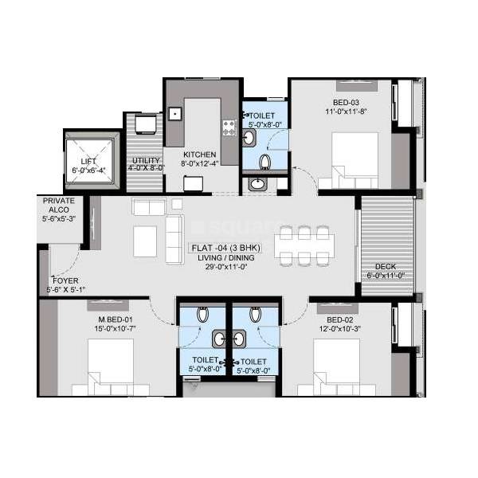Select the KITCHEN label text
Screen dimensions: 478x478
[x=195, y=155]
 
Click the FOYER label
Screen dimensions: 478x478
[x=65, y=280]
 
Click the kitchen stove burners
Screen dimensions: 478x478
[x=229, y=127]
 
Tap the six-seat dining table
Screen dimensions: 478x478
[x=302, y=245]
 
